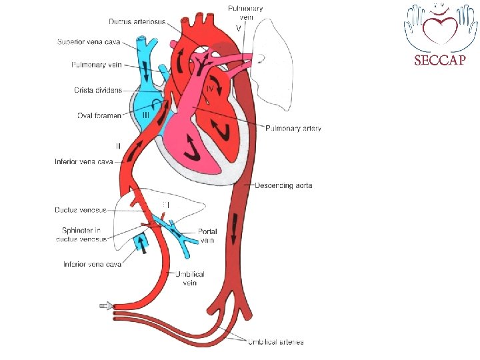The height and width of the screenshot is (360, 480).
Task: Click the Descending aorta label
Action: tap(283, 185)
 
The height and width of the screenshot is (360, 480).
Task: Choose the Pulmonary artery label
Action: tap(293, 128)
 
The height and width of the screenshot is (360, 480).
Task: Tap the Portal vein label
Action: tap(207, 236)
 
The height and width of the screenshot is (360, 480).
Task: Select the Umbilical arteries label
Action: tap(275, 342)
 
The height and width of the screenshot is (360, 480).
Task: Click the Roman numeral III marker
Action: tap(147, 115)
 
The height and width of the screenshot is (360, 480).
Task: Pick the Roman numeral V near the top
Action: tap(239, 28)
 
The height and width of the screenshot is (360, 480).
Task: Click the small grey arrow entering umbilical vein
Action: tap(105, 306)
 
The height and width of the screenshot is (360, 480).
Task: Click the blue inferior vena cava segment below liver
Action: tap(142, 242)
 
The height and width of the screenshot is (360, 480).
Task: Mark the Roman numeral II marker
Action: tap(118, 145)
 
